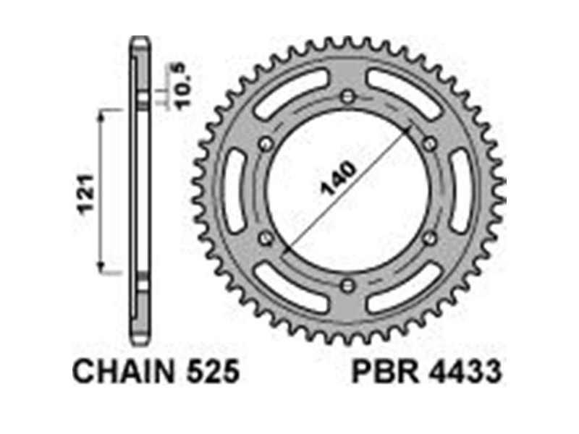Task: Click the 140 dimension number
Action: click(339, 178)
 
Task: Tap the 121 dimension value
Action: click(86, 193)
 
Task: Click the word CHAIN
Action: click(124, 371)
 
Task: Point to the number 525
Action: click(213, 371)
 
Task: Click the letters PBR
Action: click(386, 371)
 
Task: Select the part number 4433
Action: click(465, 371)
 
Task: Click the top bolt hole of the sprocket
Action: click(347, 97)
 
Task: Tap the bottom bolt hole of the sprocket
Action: click(347, 285)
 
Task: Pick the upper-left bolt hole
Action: click(266, 144)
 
